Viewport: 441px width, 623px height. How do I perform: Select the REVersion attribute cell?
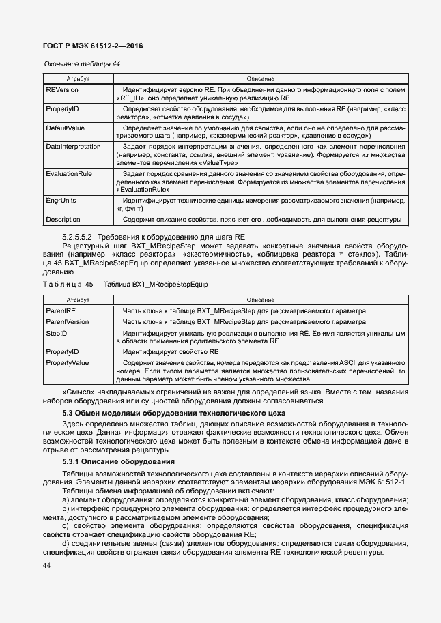click(62, 90)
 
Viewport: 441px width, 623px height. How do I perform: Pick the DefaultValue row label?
click(65, 128)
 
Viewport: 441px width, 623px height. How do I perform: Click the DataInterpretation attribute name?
click(74, 146)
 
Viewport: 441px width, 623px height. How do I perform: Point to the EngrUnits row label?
click(61, 201)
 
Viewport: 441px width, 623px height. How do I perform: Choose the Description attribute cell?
click(63, 220)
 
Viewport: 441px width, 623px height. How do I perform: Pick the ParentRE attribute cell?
click(61, 311)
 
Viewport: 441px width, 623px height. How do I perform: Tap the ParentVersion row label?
click(67, 321)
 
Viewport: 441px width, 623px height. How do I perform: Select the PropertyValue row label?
click(67, 362)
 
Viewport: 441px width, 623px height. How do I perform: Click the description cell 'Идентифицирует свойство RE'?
click(171, 351)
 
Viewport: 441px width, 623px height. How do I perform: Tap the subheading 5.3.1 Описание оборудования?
click(118, 462)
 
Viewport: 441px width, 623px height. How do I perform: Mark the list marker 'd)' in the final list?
click(66, 544)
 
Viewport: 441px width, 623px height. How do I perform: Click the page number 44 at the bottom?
click(46, 566)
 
